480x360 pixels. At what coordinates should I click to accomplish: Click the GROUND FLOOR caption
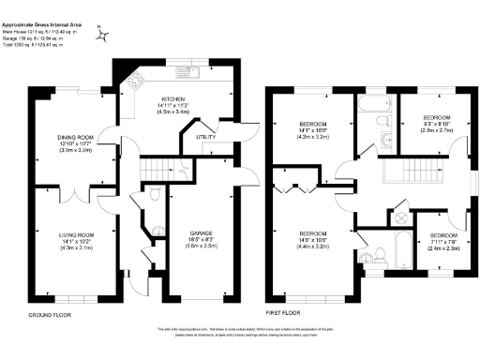tap(50, 316)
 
